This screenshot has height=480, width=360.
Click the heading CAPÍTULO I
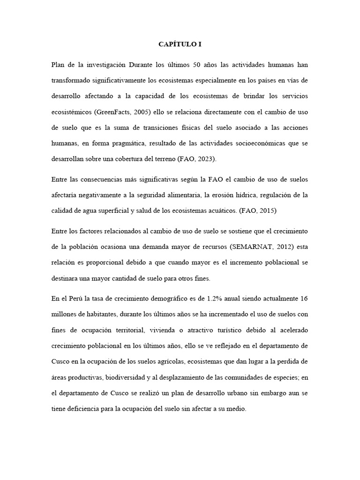[x=180, y=45]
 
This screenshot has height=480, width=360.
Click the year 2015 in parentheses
[x=265, y=210]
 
